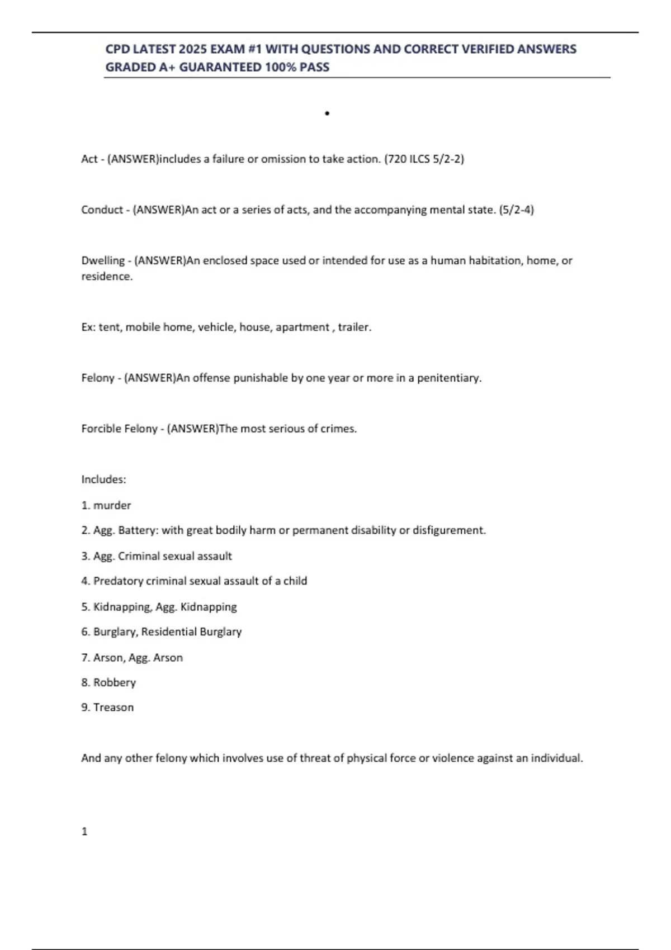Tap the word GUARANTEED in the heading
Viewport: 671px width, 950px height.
click(x=220, y=67)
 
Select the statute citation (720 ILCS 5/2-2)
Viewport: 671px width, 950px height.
click(x=424, y=159)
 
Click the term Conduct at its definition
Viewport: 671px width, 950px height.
click(x=102, y=210)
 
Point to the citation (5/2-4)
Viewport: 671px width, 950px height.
click(x=516, y=210)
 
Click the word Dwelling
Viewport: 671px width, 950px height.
click(x=103, y=260)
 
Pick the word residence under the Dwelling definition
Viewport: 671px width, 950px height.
click(x=106, y=276)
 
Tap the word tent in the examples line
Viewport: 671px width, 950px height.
click(x=109, y=327)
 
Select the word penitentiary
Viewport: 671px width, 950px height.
click(x=448, y=378)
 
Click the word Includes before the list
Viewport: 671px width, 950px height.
click(x=103, y=479)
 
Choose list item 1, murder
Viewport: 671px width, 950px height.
click(x=112, y=505)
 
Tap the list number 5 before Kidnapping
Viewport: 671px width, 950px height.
click(x=84, y=606)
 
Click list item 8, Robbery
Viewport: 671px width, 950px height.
click(x=114, y=682)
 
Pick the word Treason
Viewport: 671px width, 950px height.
click(x=114, y=707)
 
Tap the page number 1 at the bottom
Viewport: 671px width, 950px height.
click(x=84, y=832)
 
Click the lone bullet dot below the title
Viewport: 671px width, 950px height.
click(x=327, y=113)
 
